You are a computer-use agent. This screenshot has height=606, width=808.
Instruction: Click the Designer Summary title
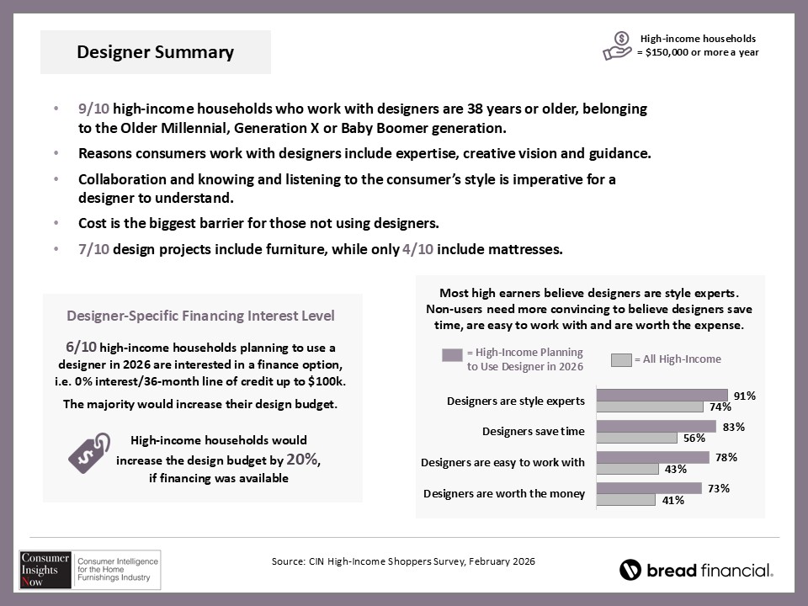coord(156,52)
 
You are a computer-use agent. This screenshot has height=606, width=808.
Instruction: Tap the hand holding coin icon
coord(617,45)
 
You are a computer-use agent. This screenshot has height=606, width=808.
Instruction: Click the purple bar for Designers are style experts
coord(662,395)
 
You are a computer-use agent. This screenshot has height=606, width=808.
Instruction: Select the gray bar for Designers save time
coord(637,438)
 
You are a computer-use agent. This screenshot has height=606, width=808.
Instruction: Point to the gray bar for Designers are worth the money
coord(626,500)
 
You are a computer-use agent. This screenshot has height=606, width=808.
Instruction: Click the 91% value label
coord(744,395)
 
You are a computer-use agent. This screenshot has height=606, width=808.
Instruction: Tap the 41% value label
coord(672,500)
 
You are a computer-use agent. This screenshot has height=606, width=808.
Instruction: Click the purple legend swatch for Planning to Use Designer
coord(452,354)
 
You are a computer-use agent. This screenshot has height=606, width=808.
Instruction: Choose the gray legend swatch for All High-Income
coord(621,360)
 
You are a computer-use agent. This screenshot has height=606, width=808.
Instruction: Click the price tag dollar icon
coord(88,452)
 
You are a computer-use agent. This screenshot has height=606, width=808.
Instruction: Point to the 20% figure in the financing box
coord(302,460)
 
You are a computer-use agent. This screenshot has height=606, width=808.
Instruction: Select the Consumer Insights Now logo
coord(89,570)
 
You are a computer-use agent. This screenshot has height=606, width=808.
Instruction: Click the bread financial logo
coord(696,570)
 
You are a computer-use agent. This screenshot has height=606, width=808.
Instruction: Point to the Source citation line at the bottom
coord(403,561)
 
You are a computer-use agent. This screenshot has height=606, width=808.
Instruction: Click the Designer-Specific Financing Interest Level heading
coord(200,316)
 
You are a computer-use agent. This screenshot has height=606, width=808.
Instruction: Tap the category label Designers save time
coord(533,432)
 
